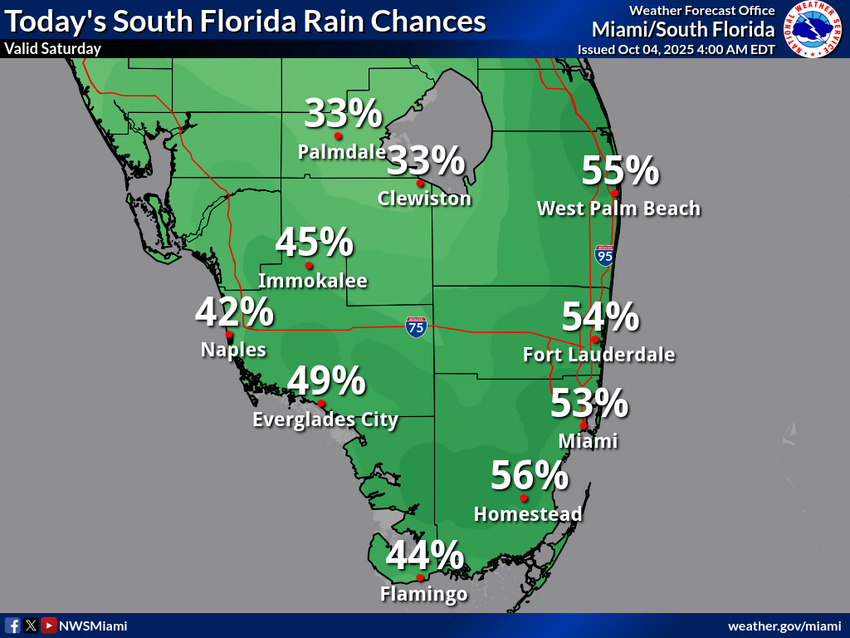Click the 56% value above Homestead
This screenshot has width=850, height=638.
pyautogui.click(x=529, y=476)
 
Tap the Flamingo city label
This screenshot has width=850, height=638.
pyautogui.click(x=423, y=594)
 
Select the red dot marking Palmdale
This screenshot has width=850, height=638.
pyautogui.click(x=338, y=136)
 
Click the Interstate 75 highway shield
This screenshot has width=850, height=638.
pyautogui.click(x=417, y=326)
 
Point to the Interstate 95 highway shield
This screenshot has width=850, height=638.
pyautogui.click(x=604, y=255)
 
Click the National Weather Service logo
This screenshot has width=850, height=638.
pyautogui.click(x=813, y=29)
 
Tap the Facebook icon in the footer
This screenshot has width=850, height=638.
pyautogui.click(x=12, y=626)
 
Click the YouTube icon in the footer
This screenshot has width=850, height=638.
pyautogui.click(x=49, y=626)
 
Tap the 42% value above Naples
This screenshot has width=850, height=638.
pyautogui.click(x=234, y=312)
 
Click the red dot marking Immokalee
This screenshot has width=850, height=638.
pyautogui.click(x=309, y=266)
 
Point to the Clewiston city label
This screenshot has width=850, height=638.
pyautogui.click(x=424, y=199)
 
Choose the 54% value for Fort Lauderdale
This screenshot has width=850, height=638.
pyautogui.click(x=600, y=317)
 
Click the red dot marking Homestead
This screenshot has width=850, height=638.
pyautogui.click(x=524, y=498)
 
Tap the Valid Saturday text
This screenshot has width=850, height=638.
pyautogui.click(x=52, y=48)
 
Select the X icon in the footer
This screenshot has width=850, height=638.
pyautogui.click(x=31, y=626)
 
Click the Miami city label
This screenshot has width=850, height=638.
pyautogui.click(x=588, y=441)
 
